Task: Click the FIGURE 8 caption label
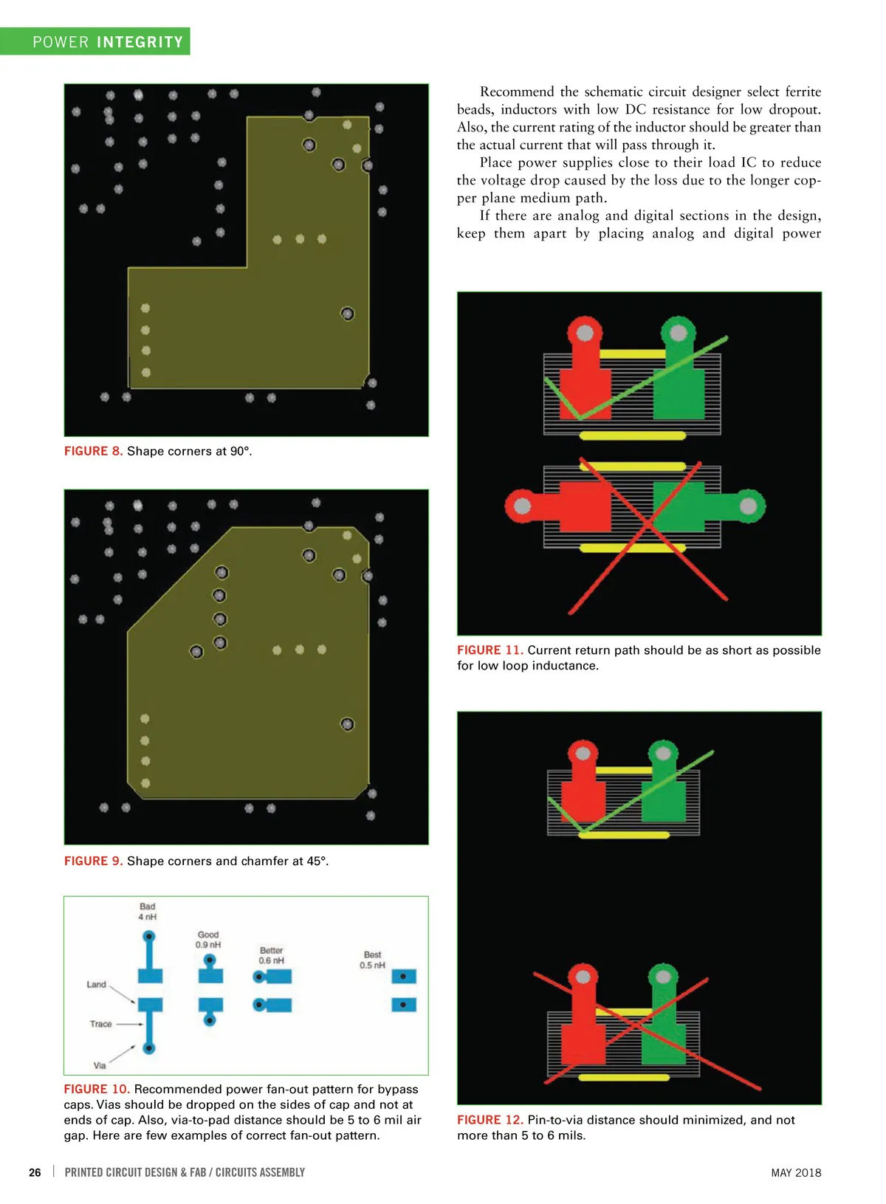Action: click(94, 451)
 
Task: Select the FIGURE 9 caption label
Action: click(94, 861)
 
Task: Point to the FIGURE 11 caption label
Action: click(490, 650)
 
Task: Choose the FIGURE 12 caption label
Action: click(490, 1120)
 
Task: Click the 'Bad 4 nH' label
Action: click(148, 912)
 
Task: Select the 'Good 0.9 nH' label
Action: click(208, 940)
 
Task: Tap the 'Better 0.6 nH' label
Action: click(272, 955)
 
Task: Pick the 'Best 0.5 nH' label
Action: click(373, 960)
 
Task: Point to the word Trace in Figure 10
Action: click(100, 1024)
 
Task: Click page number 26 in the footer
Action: click(35, 1172)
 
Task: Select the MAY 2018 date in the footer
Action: click(796, 1173)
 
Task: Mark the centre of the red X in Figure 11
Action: click(648, 523)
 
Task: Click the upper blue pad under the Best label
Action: click(404, 976)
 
